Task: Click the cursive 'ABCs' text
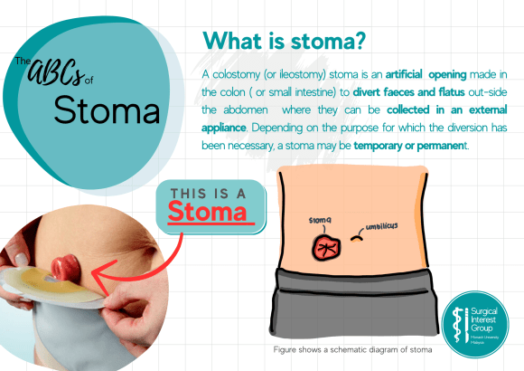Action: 65,67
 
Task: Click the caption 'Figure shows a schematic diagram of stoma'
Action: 353,349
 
